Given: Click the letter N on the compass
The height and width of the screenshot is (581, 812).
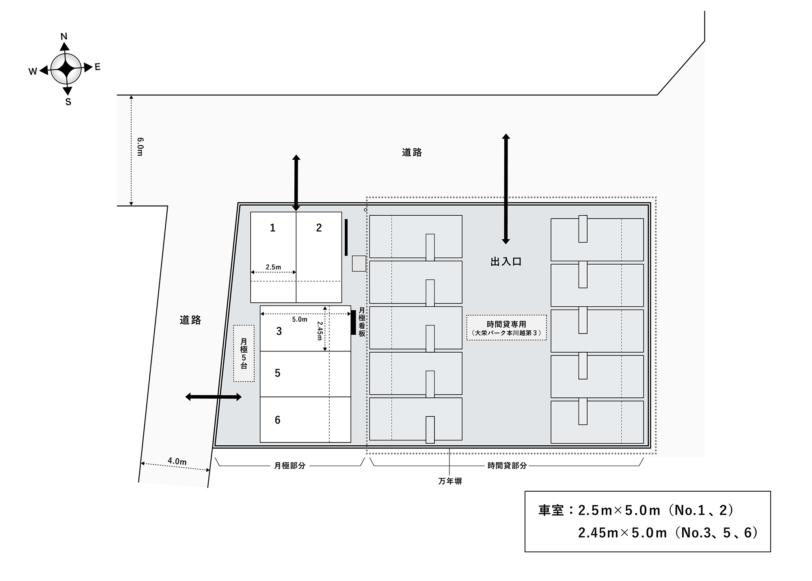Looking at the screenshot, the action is point(64,37).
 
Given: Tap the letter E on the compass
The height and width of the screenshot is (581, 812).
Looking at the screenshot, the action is point(97,67).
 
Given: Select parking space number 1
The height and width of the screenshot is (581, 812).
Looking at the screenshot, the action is point(273,257).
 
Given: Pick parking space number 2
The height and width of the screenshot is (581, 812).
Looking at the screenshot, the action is point(319,257).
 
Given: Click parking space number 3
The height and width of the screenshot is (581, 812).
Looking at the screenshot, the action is point(305,328).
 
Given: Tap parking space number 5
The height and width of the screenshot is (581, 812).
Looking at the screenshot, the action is point(305,374).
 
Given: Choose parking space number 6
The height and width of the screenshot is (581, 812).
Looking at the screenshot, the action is point(305,420).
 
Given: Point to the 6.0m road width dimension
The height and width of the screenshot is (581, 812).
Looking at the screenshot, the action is point(140,147).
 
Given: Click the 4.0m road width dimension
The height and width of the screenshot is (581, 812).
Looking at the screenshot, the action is point(177,461).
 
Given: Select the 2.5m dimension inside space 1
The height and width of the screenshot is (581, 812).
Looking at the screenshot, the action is point(273,267).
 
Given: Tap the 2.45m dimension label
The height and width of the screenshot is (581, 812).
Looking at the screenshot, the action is point(320,331).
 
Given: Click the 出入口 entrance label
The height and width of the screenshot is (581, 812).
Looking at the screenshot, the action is point(506,262).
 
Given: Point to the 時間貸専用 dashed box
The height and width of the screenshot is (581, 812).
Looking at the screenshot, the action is point(506,327).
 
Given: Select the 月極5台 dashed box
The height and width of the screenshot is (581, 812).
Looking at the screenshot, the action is point(244,353).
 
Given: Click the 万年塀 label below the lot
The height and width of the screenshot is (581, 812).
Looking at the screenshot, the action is point(450,481).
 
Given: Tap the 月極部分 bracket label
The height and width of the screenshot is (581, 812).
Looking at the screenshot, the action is point(289,466).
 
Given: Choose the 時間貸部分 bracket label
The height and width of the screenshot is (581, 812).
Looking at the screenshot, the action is point(507,466).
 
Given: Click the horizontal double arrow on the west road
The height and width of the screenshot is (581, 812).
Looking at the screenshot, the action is point(214,397).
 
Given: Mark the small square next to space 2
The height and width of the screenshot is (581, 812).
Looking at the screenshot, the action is point(359,263).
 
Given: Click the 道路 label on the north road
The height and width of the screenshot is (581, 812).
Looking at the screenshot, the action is point(412,152).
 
